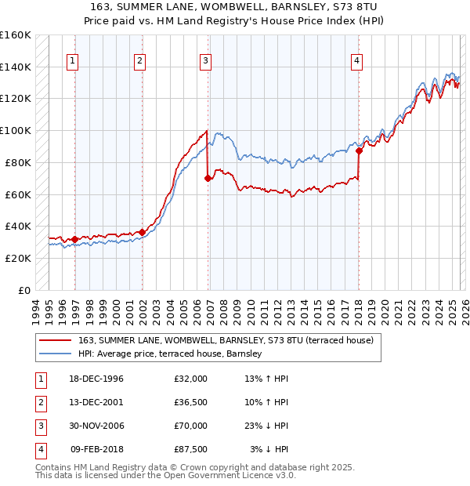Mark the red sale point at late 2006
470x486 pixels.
(208, 179)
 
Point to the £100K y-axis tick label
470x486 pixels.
(15, 130)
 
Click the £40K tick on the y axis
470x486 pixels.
(17, 226)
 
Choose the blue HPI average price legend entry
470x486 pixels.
(169, 354)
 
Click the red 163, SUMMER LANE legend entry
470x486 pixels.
(226, 340)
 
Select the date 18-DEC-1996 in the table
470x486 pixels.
(97, 379)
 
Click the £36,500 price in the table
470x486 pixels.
(191, 402)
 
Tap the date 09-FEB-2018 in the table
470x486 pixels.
(97, 449)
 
